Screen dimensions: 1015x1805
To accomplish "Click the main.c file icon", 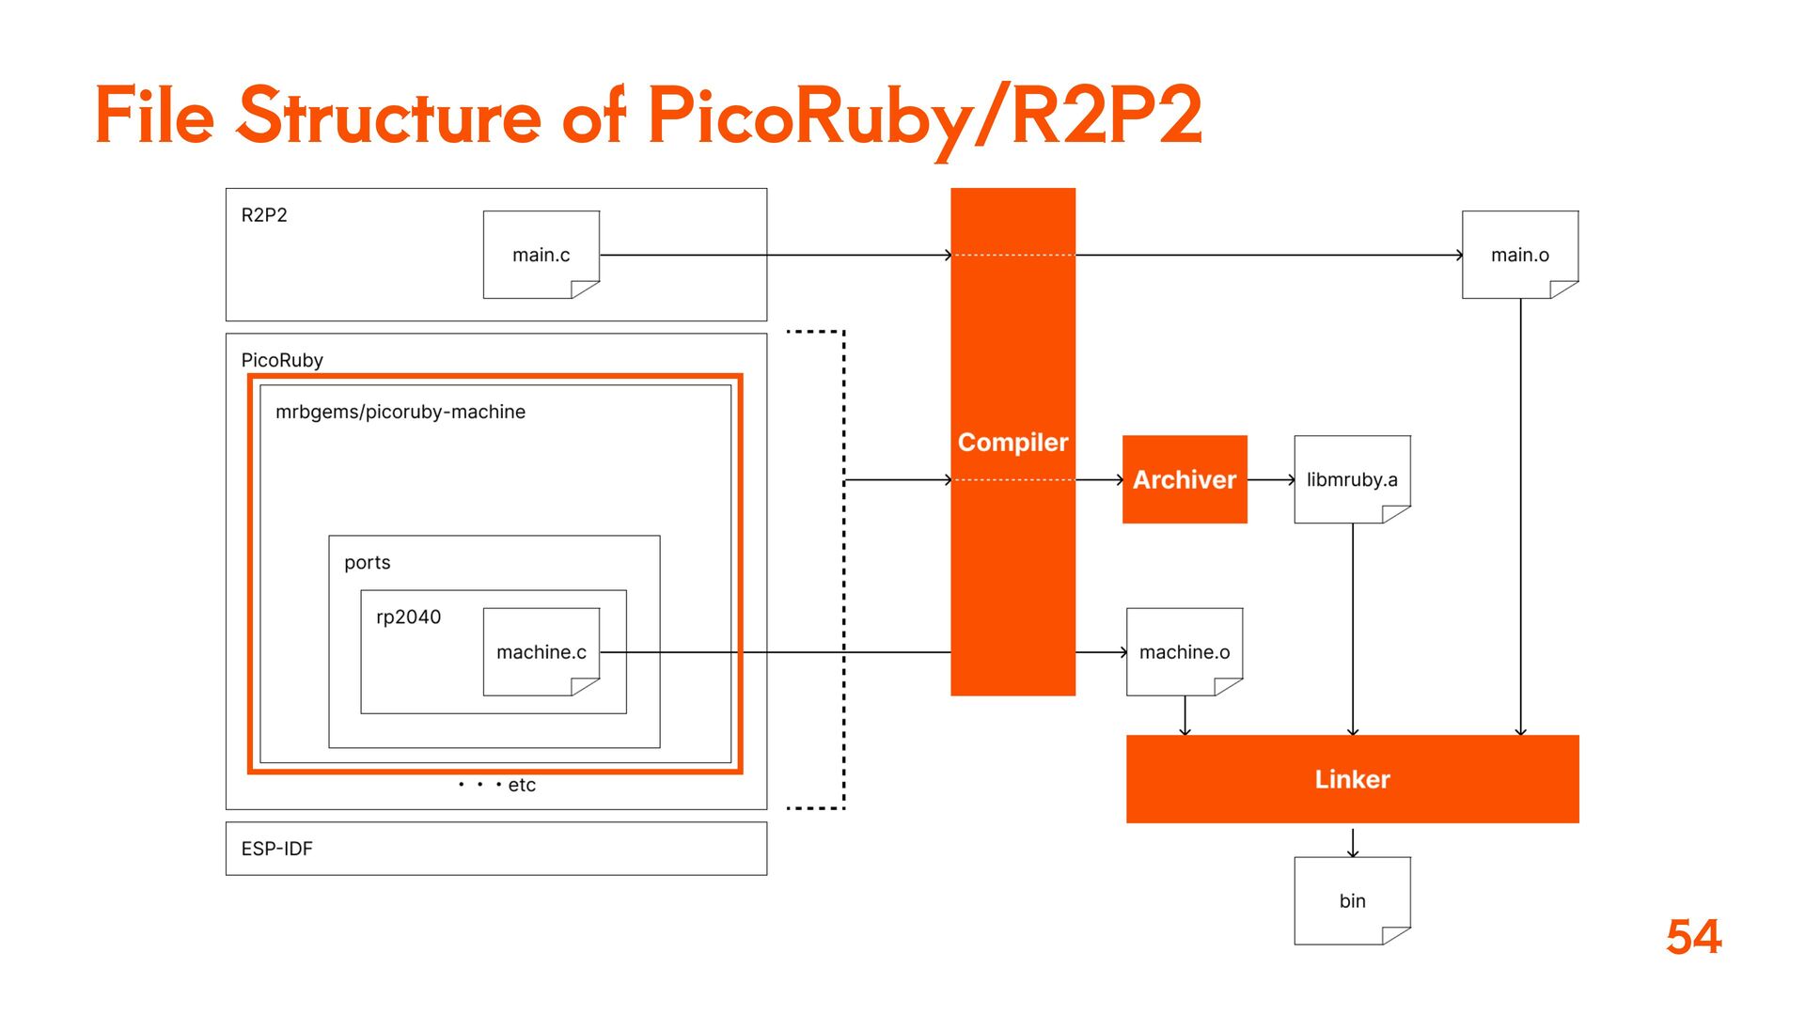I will click(541, 255).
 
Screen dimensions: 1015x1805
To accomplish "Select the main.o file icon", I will click(1520, 255).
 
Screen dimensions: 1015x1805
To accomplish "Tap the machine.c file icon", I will click(541, 652).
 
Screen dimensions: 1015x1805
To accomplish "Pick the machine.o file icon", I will click(1185, 652).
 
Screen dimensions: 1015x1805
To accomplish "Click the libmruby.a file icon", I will click(1352, 479).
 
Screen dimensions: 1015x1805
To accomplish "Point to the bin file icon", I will click(1352, 900).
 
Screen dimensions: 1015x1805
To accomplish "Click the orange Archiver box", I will click(1185, 479).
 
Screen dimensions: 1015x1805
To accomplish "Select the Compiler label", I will click(1012, 443).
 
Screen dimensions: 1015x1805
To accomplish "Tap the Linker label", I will click(1352, 779).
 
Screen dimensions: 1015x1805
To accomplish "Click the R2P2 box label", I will click(264, 215).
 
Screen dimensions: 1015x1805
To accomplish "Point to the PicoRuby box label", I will click(282, 360).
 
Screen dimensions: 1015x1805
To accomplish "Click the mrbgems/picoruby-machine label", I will click(400, 412).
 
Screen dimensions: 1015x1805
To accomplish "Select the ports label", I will click(367, 562).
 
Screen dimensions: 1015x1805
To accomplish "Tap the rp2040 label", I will click(408, 617).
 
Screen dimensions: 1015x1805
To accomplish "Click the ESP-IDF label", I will click(276, 849).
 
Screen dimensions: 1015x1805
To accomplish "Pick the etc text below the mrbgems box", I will click(521, 785).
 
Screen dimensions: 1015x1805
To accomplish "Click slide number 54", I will click(1693, 937).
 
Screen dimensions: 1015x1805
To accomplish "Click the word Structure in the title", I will click(389, 117).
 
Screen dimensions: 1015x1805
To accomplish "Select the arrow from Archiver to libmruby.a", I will click(1271, 479).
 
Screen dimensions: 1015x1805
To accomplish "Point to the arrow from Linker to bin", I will click(1353, 841).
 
